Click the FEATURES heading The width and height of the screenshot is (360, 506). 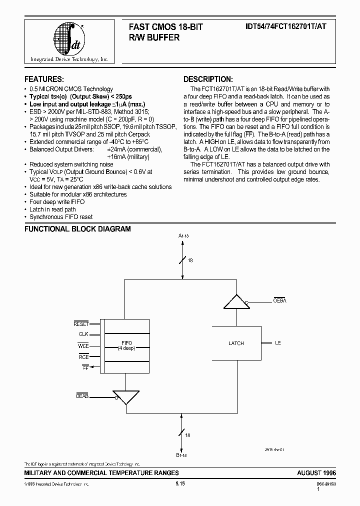tap(44, 79)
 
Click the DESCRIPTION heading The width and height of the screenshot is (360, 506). tap(207, 79)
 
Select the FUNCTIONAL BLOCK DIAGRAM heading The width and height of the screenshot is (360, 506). tap(78, 229)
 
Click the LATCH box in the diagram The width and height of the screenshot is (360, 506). tap(236, 343)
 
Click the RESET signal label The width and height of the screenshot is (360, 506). tap(81, 324)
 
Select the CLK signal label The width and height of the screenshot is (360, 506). tap(83, 334)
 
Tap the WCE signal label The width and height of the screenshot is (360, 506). tap(83, 345)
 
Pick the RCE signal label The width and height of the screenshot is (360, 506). tap(83, 356)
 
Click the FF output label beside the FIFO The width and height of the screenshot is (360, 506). tap(85, 367)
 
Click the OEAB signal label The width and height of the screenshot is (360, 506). tap(81, 395)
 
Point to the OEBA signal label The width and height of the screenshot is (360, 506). tap(279, 300)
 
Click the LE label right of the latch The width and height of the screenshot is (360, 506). tap(278, 343)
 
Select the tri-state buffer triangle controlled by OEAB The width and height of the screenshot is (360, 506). tap(125, 397)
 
